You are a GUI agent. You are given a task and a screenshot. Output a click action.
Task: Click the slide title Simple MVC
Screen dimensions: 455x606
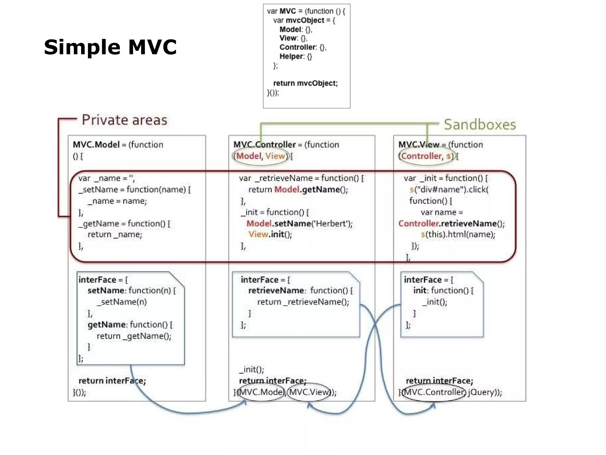click(x=110, y=47)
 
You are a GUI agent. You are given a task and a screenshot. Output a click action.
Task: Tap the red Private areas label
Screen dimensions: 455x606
click(x=124, y=120)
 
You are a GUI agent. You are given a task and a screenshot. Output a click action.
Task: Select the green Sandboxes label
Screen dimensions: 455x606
click(x=480, y=125)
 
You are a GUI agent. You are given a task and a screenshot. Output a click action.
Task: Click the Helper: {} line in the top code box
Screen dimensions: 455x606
click(x=296, y=56)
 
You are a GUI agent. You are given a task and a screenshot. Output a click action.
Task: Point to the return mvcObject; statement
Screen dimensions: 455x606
click(x=305, y=83)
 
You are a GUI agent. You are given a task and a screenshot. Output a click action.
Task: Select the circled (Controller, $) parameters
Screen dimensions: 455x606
click(x=426, y=156)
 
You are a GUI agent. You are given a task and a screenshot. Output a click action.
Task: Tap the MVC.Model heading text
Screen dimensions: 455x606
click(x=96, y=145)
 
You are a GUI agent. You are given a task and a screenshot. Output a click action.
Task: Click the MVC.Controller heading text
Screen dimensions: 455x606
click(x=265, y=145)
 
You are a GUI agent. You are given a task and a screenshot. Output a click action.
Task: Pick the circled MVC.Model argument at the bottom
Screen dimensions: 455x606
click(x=260, y=392)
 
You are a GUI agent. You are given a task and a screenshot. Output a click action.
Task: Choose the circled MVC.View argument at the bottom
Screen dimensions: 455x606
click(x=309, y=392)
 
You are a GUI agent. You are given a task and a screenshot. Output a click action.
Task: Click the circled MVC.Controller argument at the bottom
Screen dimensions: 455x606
click(x=434, y=392)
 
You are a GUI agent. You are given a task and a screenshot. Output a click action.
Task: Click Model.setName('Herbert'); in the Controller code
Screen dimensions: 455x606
click(x=299, y=223)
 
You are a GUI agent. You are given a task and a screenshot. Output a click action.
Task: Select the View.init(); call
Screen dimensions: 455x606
click(x=270, y=234)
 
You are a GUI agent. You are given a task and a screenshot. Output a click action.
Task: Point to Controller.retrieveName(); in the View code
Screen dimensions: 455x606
click(x=451, y=223)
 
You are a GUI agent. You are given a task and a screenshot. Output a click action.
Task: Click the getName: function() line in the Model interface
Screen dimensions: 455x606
click(x=130, y=325)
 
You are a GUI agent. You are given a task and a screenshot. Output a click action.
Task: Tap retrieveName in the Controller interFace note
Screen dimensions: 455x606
click(x=276, y=291)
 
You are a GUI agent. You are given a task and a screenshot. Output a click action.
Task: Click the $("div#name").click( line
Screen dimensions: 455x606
click(x=449, y=190)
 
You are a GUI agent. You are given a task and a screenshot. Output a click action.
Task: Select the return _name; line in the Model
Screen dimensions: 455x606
click(x=115, y=234)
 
